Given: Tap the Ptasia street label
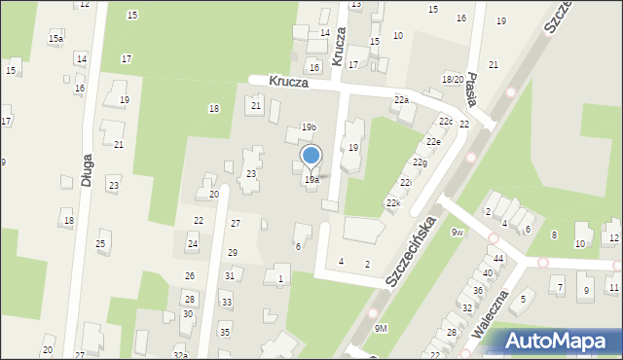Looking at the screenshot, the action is coord(471,89).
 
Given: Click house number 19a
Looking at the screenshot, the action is coord(311,180).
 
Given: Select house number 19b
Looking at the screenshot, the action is coord(309,127).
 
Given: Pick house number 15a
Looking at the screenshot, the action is coord(56,38).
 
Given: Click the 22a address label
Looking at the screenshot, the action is coord(401,100).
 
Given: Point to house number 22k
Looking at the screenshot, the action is coord(393,202).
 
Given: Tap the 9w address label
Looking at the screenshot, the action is coord(458,232).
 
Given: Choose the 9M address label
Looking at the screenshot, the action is coord(381,329).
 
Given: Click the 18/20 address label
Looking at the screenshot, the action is coord(452,79).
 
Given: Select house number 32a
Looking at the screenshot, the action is coord(180,347).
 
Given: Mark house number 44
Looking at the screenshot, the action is coord(498,258).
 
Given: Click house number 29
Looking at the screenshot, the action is coord(233,253).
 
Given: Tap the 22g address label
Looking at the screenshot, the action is coord(420,162).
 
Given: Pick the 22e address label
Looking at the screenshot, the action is coord(433,142).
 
